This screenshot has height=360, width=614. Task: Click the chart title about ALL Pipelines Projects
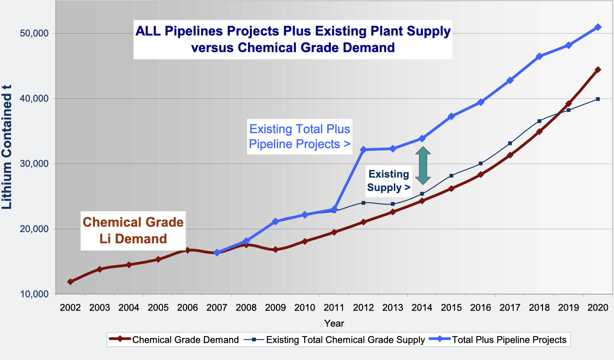(x=293, y=39)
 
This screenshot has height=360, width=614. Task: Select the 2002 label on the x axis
(x=70, y=307)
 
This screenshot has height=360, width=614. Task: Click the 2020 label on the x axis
(x=597, y=307)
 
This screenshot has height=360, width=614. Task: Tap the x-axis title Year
(x=333, y=323)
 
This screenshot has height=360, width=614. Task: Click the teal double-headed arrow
(x=423, y=166)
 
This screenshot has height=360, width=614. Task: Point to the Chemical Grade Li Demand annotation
(x=133, y=230)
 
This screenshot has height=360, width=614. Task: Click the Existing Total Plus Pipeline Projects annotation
(x=300, y=136)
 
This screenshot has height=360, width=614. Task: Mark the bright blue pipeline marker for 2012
(x=363, y=150)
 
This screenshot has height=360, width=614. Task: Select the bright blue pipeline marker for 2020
(x=598, y=27)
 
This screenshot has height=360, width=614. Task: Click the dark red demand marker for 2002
(x=71, y=282)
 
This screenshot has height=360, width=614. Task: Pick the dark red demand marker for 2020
(x=598, y=70)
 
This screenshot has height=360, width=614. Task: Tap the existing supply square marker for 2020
(x=598, y=99)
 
